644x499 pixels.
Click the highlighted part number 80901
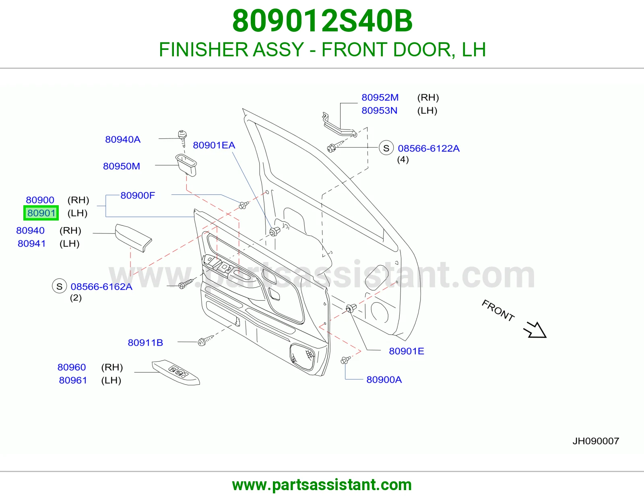point(41,213)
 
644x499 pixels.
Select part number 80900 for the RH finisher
point(40,200)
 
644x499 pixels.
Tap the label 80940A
point(123,139)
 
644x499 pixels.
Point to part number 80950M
point(122,166)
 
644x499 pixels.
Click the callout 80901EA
point(214,145)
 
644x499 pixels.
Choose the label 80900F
point(138,195)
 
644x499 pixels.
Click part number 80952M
point(380,97)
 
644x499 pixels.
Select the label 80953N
point(379,111)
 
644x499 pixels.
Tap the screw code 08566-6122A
point(429,148)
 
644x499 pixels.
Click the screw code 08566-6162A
point(101,287)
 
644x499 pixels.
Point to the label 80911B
point(145,342)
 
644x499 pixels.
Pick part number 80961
point(73,380)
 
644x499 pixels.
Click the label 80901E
point(406,351)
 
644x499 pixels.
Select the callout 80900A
point(384,379)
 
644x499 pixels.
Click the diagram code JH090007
point(596,441)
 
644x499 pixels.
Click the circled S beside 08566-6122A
point(386,148)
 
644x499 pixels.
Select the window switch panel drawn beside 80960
point(176,373)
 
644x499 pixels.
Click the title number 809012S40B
point(322,21)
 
